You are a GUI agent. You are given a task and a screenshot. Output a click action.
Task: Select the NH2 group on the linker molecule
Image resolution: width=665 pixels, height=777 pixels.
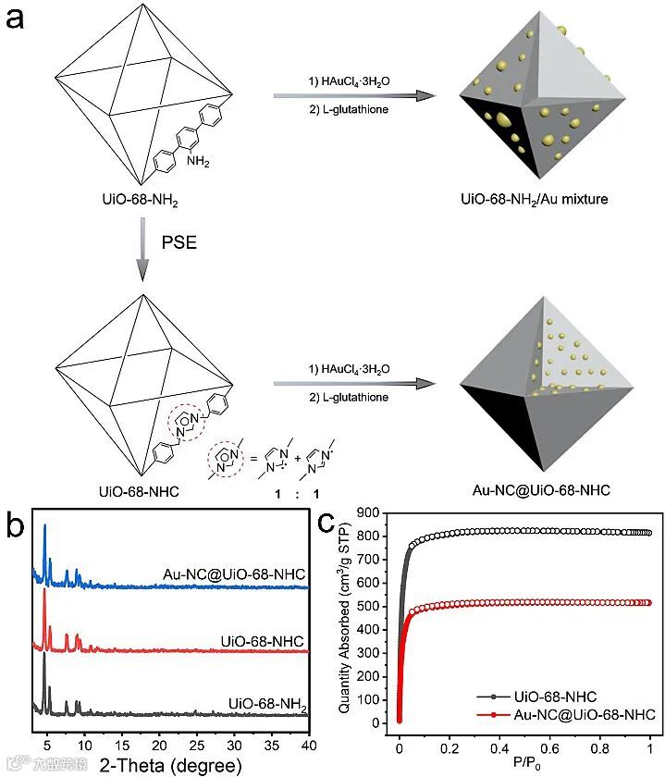click(x=197, y=162)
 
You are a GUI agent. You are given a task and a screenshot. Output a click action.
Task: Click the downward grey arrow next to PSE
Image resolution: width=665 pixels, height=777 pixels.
click(x=142, y=250)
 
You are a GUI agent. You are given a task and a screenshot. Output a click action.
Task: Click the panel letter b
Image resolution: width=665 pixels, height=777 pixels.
click(x=16, y=526)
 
